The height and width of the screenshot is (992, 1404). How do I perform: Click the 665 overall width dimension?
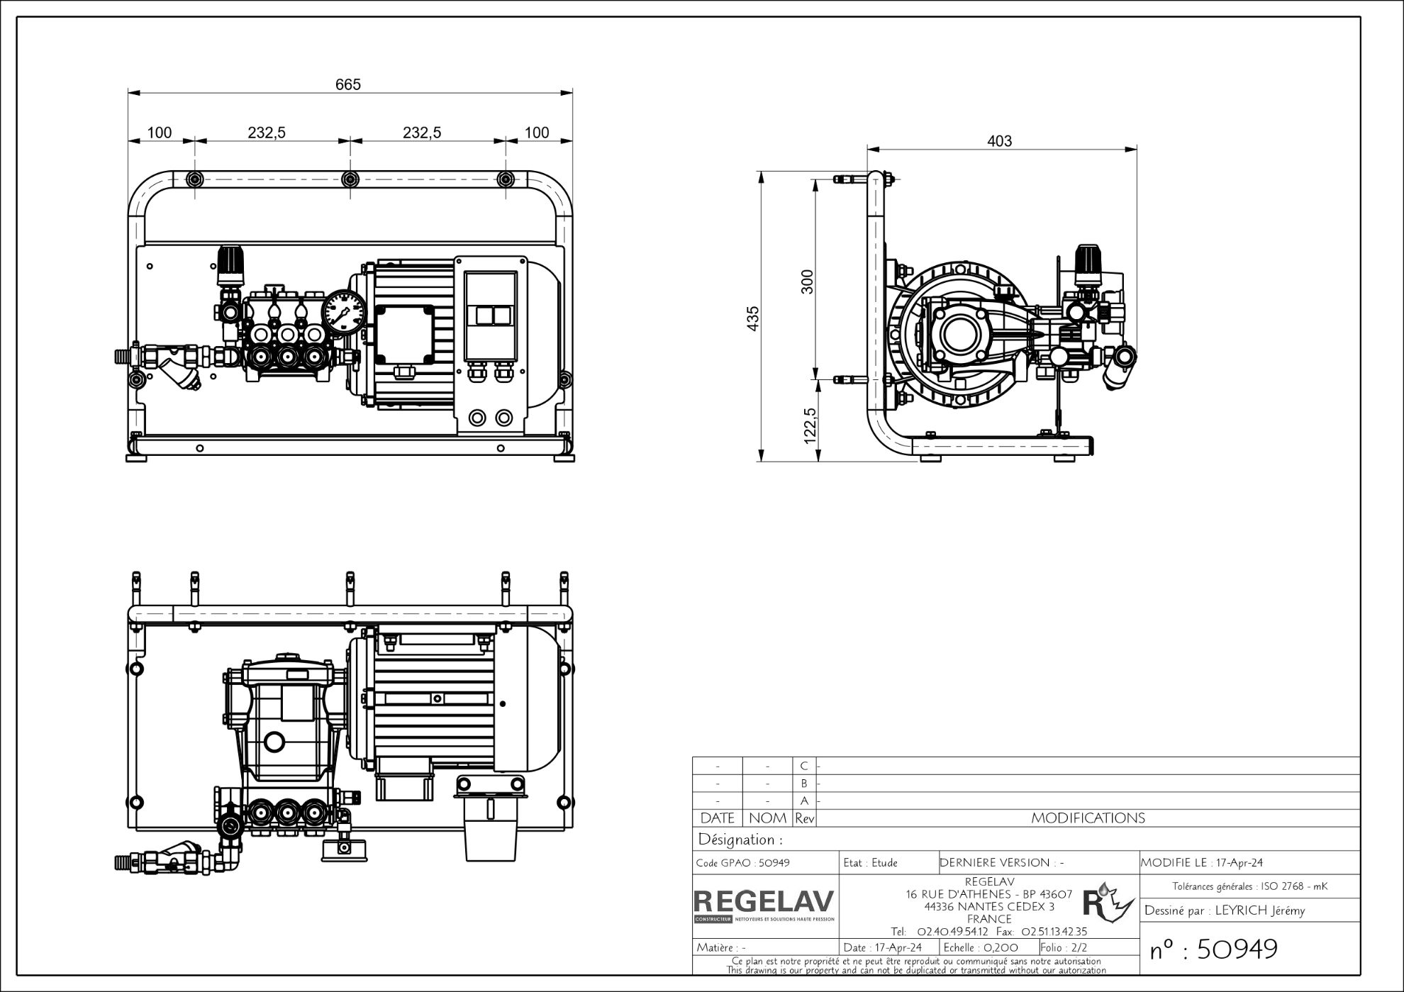pos(347,84)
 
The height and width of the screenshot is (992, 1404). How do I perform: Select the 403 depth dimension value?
pos(1000,141)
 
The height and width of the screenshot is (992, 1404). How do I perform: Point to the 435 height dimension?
pos(754,318)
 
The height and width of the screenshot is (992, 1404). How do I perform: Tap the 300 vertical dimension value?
pos(808,282)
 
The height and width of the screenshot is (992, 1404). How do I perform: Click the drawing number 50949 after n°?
pos(1237,949)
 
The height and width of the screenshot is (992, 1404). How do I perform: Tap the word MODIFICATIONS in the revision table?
pos(1088,818)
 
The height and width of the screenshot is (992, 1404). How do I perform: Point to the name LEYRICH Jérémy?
pos(1259,911)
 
